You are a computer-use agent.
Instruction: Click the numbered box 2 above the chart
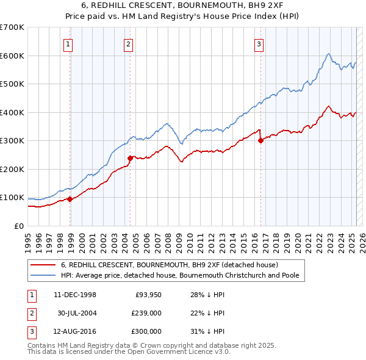[x=128, y=43]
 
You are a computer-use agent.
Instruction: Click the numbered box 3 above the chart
[x=259, y=43]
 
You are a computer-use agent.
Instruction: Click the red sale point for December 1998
[x=70, y=199]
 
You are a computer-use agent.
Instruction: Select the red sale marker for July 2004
[x=131, y=158]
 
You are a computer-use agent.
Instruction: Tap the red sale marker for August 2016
[x=260, y=140]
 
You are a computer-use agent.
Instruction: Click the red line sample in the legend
[x=43, y=265]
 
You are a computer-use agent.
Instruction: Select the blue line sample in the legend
[x=43, y=275]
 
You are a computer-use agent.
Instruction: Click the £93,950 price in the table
[x=147, y=295]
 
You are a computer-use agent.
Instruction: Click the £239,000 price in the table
[x=146, y=313]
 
